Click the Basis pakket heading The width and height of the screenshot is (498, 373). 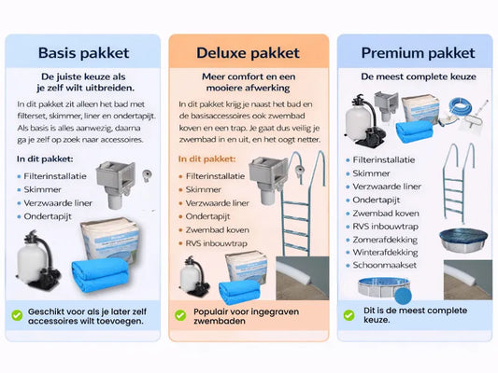click(x=83, y=53)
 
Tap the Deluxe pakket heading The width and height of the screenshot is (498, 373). click(x=248, y=53)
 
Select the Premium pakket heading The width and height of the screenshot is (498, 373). click(x=418, y=53)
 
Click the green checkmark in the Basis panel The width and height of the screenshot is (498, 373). click(x=17, y=315)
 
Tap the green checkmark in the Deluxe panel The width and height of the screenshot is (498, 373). click(x=180, y=315)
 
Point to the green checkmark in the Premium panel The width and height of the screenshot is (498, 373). click(x=349, y=315)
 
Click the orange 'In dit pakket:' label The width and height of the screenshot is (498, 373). click(x=207, y=159)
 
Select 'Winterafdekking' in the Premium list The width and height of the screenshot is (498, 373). click(x=385, y=253)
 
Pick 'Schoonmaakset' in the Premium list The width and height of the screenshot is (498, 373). click(x=384, y=265)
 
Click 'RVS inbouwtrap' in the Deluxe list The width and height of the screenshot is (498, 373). click(x=216, y=243)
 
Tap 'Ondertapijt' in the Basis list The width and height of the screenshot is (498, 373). click(x=48, y=216)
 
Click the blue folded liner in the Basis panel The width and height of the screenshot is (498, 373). click(x=100, y=275)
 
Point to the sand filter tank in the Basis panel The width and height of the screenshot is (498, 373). click(x=32, y=261)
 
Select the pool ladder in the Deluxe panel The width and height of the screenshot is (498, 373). click(x=303, y=203)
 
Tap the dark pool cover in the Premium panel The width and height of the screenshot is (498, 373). click(x=463, y=240)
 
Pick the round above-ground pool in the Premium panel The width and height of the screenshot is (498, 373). click(x=384, y=287)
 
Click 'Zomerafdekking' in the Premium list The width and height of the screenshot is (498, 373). click(x=385, y=240)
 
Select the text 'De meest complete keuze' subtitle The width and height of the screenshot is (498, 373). click(x=419, y=76)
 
